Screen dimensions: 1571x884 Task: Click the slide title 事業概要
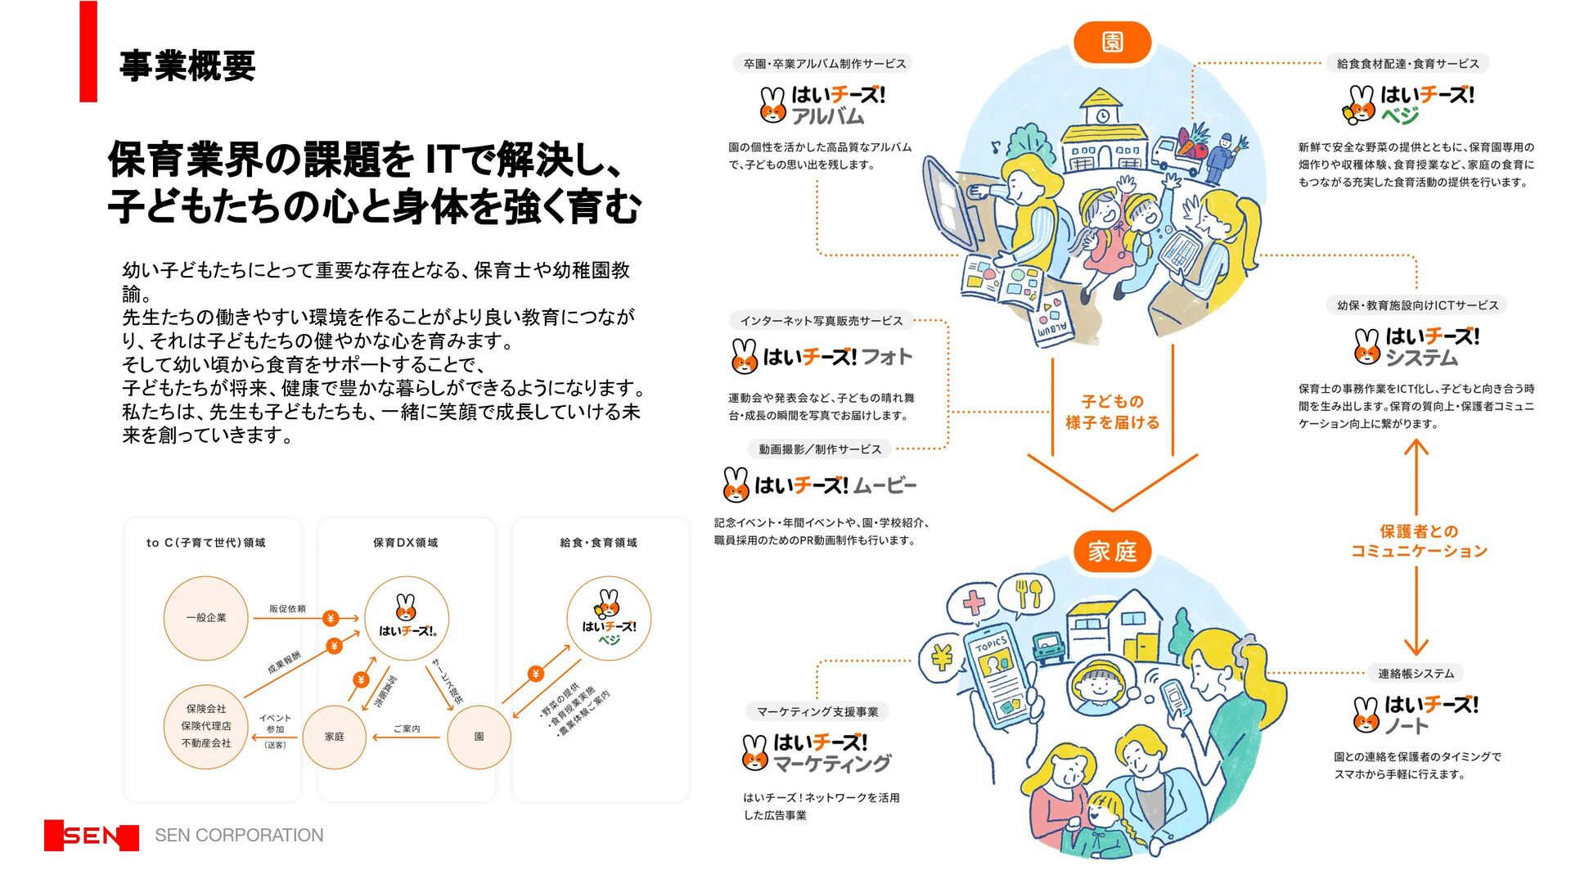[x=187, y=65]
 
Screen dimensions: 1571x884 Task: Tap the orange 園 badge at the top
[x=1112, y=43]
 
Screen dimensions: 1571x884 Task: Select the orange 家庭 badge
[x=1112, y=552]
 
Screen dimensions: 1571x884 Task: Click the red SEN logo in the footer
[x=92, y=836]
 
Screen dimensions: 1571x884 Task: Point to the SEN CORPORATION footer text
[x=239, y=836]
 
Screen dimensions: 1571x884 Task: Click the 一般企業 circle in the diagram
[x=205, y=618]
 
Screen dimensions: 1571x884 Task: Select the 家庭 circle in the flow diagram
[x=335, y=737]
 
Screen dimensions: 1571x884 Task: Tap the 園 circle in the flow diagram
[x=479, y=737]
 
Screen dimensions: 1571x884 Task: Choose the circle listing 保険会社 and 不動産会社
[x=205, y=726]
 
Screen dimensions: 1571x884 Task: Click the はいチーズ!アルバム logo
[x=822, y=106]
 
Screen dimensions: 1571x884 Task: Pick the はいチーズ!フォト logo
[x=822, y=357]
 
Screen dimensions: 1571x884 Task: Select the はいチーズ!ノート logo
[x=1416, y=715]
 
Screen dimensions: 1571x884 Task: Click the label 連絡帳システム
[x=1416, y=674]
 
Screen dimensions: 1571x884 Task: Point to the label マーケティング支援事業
[x=817, y=712]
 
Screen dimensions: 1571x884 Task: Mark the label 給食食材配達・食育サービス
[x=1407, y=64]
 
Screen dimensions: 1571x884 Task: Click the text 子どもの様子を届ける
[x=1112, y=412]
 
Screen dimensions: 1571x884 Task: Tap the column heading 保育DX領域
[x=405, y=543]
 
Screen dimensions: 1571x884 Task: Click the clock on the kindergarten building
[x=1102, y=115]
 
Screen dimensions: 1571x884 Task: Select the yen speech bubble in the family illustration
[x=942, y=656]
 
